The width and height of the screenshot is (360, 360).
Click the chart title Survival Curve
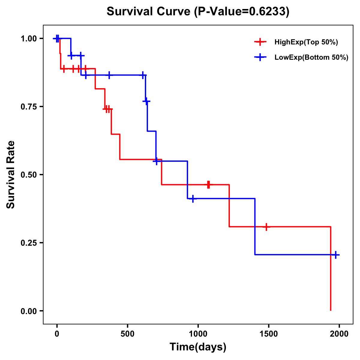pos(198,12)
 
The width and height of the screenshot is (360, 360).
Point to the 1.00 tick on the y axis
pos(28,38)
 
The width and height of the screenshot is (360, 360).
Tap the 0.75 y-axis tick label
pos(28,106)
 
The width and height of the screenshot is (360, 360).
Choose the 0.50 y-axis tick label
pos(28,175)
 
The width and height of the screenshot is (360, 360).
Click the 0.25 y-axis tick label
pos(28,243)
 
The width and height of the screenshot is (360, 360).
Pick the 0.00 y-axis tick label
pos(28,311)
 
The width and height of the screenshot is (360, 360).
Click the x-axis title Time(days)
pos(198,347)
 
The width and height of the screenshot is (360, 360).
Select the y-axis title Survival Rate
pos(11,175)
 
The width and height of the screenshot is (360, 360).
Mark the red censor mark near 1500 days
pos(266,227)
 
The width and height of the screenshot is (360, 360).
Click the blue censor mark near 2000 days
pos(336,255)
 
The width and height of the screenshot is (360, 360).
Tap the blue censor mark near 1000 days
pos(193,199)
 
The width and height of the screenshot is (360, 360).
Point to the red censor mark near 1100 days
pos(208,185)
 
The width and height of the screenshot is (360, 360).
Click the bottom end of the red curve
pos(331,310)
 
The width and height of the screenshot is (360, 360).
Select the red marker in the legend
pos(260,42)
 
